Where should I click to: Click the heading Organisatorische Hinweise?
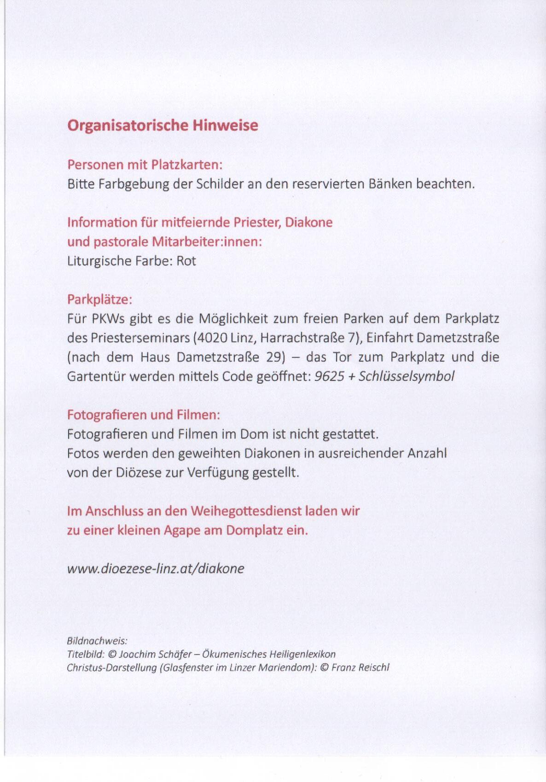(x=163, y=126)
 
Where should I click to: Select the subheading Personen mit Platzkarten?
(x=145, y=165)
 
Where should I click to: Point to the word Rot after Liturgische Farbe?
(x=186, y=261)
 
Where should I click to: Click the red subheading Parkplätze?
(x=99, y=299)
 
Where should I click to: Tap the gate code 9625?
(x=329, y=376)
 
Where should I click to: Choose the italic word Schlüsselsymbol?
(x=406, y=376)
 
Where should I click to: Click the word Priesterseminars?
(x=140, y=338)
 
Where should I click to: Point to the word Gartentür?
(x=96, y=376)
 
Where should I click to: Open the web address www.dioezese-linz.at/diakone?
(x=156, y=569)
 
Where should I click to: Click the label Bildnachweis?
(x=97, y=641)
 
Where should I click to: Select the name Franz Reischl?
(x=360, y=667)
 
